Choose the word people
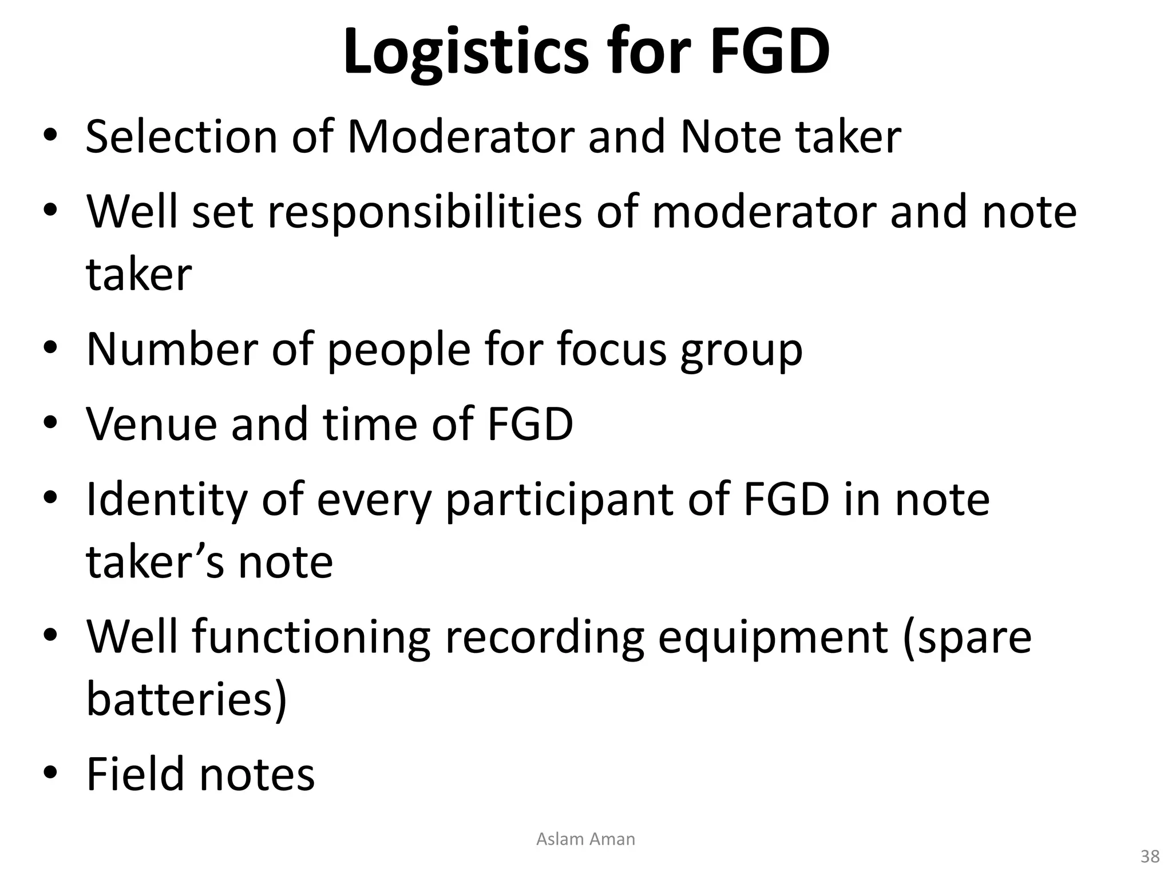click(x=398, y=350)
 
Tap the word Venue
click(x=152, y=424)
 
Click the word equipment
click(x=773, y=638)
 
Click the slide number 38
click(x=1150, y=857)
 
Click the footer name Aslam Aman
click(x=585, y=839)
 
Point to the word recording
click(x=544, y=638)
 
